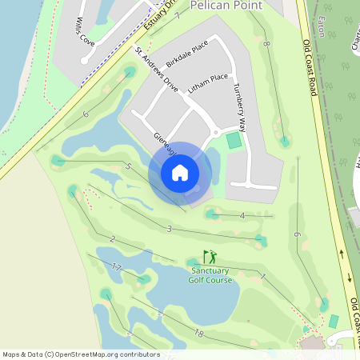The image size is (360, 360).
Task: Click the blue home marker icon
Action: click(180, 173)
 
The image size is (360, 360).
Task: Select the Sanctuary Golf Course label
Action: click(210, 275)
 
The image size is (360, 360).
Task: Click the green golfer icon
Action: click(210, 257)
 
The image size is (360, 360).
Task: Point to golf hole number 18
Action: click(199, 333)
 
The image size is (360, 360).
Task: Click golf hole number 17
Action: click(117, 266)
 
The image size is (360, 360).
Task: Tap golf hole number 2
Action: click(112, 238)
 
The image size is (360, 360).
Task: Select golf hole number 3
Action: click(169, 229)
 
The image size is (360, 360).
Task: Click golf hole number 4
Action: click(242, 215)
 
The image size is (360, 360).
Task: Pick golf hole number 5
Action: click(128, 166)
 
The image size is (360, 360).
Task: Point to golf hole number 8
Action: click(265, 45)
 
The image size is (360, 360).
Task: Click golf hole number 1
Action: click(262, 276)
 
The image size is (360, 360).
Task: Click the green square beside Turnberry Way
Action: click(234, 141)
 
